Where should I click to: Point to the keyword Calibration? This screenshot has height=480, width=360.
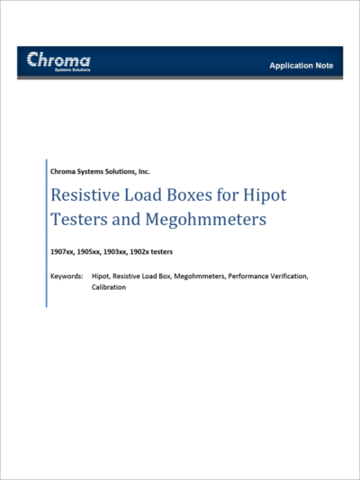(x=109, y=287)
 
